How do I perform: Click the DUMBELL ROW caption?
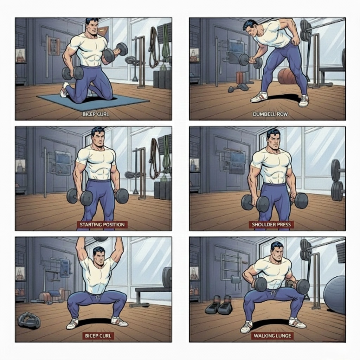(x=270, y=114)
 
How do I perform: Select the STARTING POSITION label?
(x=102, y=225)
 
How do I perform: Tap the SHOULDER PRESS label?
(x=271, y=225)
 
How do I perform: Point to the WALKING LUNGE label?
(x=272, y=336)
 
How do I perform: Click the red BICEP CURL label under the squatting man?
(x=98, y=336)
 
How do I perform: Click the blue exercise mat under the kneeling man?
(x=93, y=100)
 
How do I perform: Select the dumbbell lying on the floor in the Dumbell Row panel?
(x=238, y=88)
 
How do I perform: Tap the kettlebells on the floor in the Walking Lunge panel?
(x=219, y=305)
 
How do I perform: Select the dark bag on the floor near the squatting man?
(x=29, y=321)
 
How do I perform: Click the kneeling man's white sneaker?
(x=64, y=90)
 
